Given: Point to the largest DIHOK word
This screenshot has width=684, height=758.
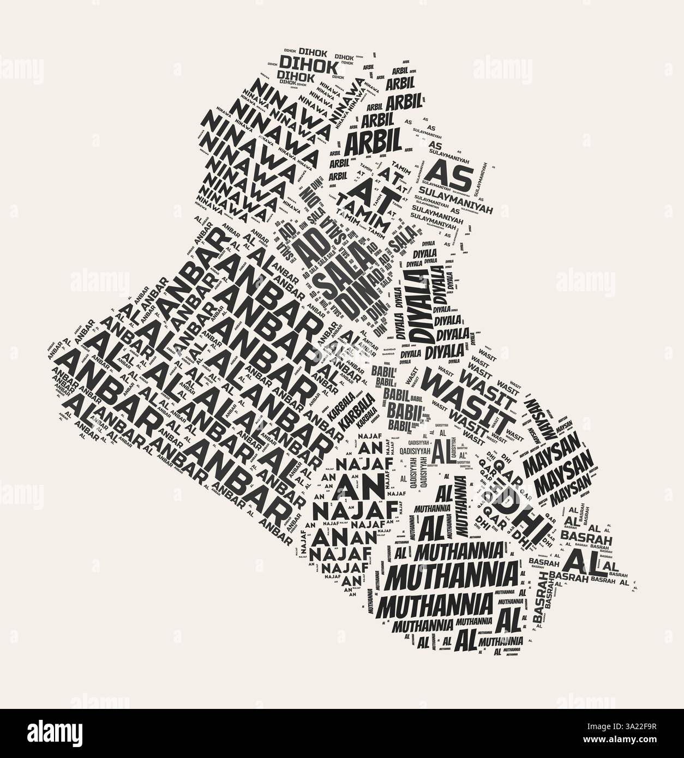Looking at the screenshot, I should (302, 64).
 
